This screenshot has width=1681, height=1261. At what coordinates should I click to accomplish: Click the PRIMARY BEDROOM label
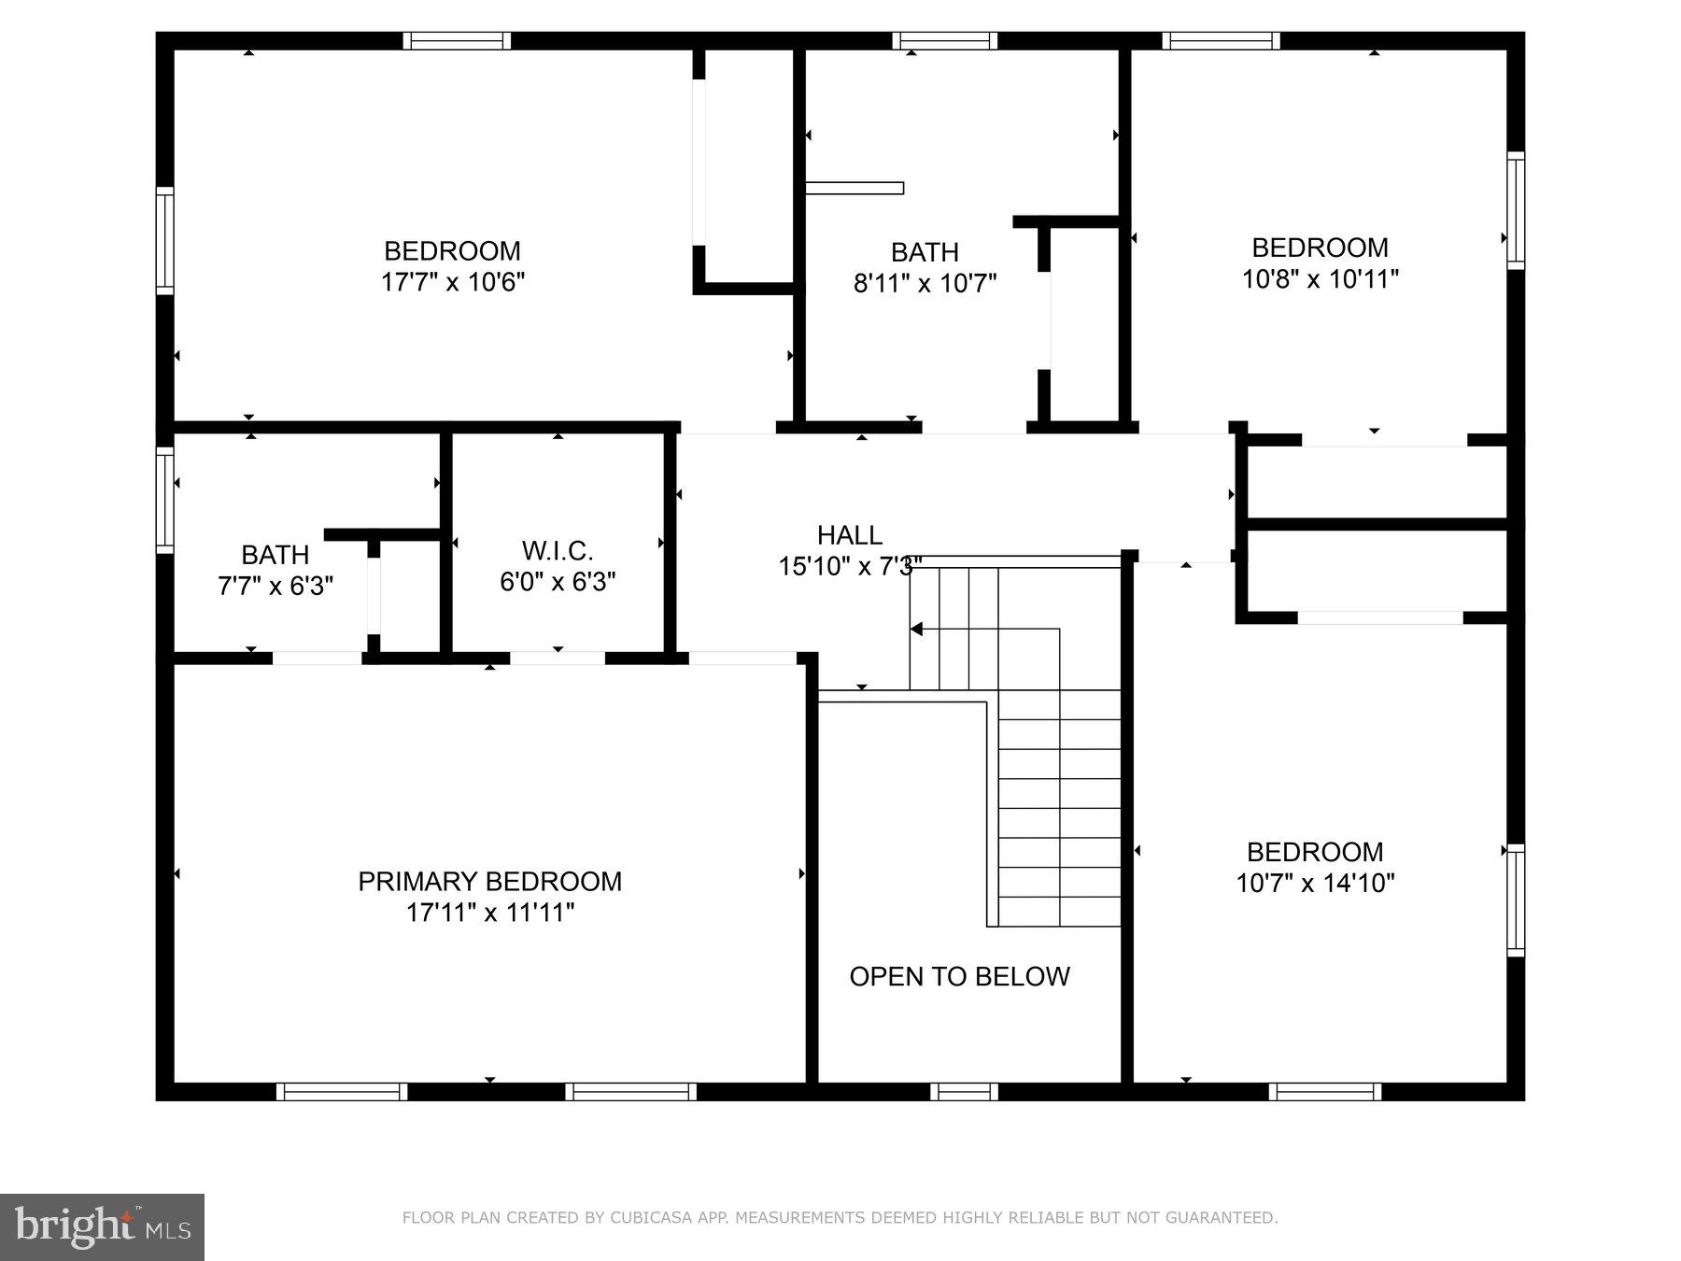489,882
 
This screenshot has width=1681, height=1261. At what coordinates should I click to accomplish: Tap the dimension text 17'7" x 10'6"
453,282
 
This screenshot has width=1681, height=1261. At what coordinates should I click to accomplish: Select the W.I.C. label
558,550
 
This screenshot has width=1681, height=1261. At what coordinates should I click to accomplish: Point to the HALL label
849,535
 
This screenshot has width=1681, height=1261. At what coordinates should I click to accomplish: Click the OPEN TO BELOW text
959,977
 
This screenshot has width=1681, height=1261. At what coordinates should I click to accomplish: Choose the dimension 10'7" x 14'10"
1315,884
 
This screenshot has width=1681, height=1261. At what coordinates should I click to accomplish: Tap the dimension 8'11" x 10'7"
925,283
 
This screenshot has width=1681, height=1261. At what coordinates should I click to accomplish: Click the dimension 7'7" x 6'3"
275,587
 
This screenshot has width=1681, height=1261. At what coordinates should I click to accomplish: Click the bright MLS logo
102,1226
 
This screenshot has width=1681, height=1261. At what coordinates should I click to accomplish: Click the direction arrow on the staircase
917,630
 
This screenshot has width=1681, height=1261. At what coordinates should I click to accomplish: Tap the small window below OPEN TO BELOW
964,1091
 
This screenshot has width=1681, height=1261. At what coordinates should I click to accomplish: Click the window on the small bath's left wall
164,500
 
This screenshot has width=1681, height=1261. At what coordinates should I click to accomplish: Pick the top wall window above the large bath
944,41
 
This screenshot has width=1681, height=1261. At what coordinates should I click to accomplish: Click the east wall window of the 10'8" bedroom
1516,210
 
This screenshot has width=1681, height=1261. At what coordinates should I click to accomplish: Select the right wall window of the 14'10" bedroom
1516,900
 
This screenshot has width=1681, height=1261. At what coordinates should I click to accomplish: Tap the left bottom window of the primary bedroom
342,1091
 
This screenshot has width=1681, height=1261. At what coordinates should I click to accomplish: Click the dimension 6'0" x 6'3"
558,582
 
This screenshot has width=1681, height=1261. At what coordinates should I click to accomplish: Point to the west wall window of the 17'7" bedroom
164,240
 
